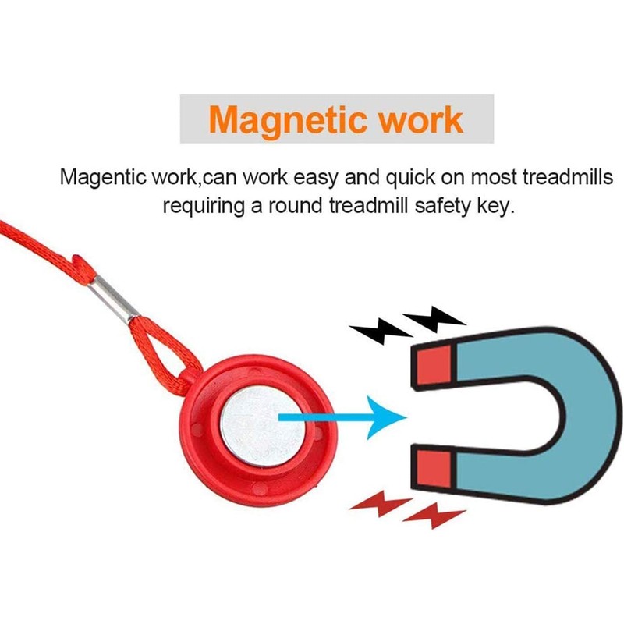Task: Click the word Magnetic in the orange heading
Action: pyautogui.click(x=287, y=120)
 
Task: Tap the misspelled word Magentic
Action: pyautogui.click(x=103, y=177)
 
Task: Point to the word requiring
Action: pyautogui.click(x=204, y=207)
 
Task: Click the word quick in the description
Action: pyautogui.click(x=410, y=178)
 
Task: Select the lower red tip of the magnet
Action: pyautogui.click(x=434, y=470)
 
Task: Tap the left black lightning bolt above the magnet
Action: pyautogui.click(x=381, y=331)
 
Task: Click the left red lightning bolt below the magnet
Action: pyautogui.click(x=381, y=504)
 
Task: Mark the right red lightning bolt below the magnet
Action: pyautogui.click(x=434, y=516)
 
